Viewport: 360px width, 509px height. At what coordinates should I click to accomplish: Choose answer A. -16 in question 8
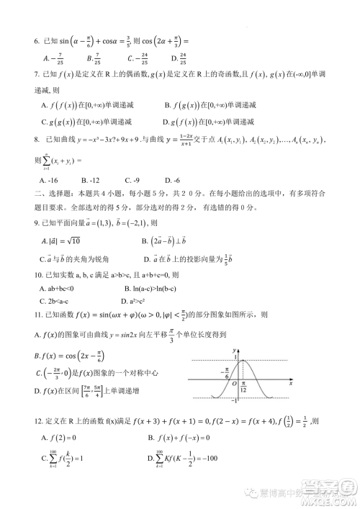48,179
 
